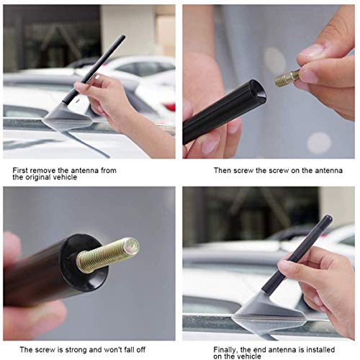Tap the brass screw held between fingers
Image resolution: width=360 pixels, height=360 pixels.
[287, 77]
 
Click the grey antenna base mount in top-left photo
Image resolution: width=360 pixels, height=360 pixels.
[65, 115]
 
